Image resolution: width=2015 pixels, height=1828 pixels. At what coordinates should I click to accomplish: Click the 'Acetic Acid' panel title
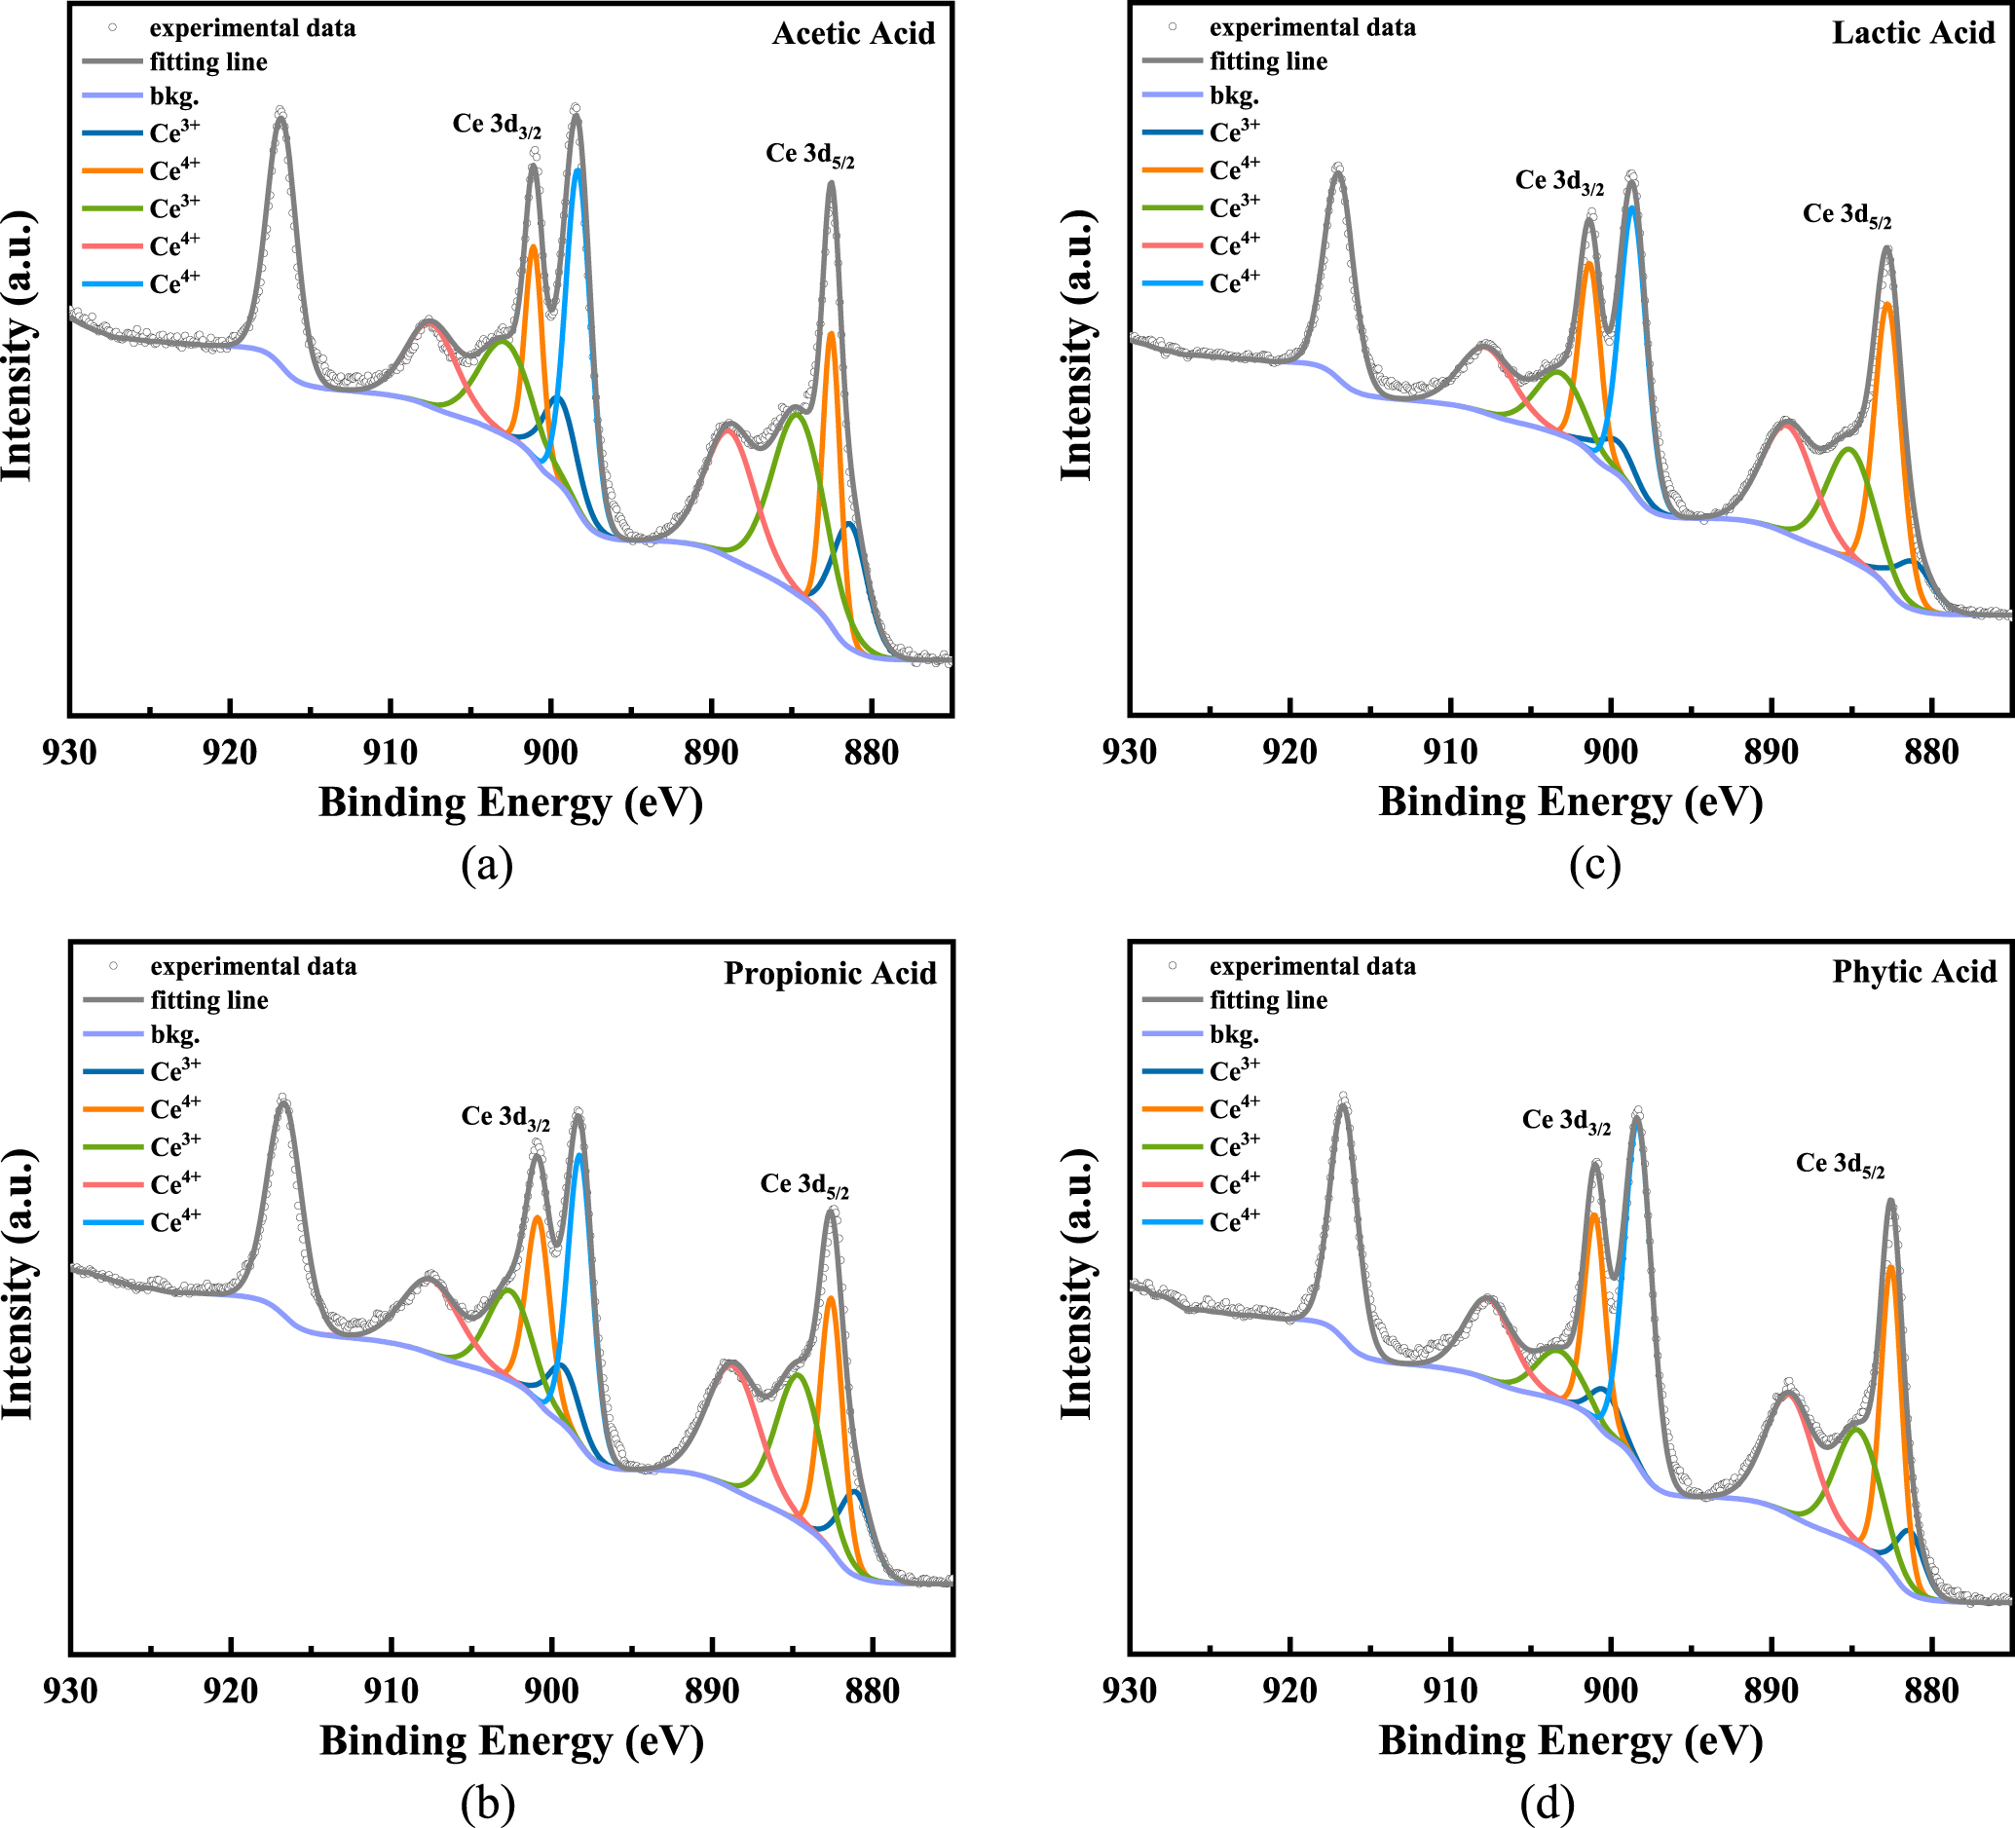point(853,34)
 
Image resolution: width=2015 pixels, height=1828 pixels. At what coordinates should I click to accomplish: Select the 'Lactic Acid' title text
point(1913,33)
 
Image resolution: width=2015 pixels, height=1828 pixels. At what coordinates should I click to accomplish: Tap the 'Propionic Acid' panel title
point(830,973)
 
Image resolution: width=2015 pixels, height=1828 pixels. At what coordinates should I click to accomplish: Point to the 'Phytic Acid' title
point(1913,972)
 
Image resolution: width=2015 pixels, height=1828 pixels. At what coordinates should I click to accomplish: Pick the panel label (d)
point(1547,1803)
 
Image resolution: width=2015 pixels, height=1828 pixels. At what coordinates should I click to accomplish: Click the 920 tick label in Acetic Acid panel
point(230,753)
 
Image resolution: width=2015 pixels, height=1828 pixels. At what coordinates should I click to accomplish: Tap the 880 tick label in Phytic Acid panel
point(1931,1690)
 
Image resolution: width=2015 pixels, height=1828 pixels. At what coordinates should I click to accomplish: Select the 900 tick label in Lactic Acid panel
point(1610,752)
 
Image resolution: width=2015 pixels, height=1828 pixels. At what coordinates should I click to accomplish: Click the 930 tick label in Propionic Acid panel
point(70,1691)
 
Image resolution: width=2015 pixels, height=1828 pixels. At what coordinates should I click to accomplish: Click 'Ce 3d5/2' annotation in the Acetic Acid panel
point(809,155)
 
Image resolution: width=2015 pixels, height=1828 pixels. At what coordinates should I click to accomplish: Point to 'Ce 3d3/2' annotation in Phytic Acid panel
point(1566,1121)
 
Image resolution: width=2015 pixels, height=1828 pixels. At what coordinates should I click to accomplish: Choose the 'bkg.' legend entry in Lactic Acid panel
point(1233,96)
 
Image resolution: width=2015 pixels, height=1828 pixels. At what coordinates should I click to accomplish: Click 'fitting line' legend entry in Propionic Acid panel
point(208,1000)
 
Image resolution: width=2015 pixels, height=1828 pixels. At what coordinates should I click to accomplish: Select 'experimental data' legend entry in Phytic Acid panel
point(1311,966)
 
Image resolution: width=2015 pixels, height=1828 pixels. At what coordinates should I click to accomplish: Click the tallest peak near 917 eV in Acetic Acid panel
point(280,117)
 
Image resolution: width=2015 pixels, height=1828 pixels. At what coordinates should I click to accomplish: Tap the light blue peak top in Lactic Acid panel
point(1631,207)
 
